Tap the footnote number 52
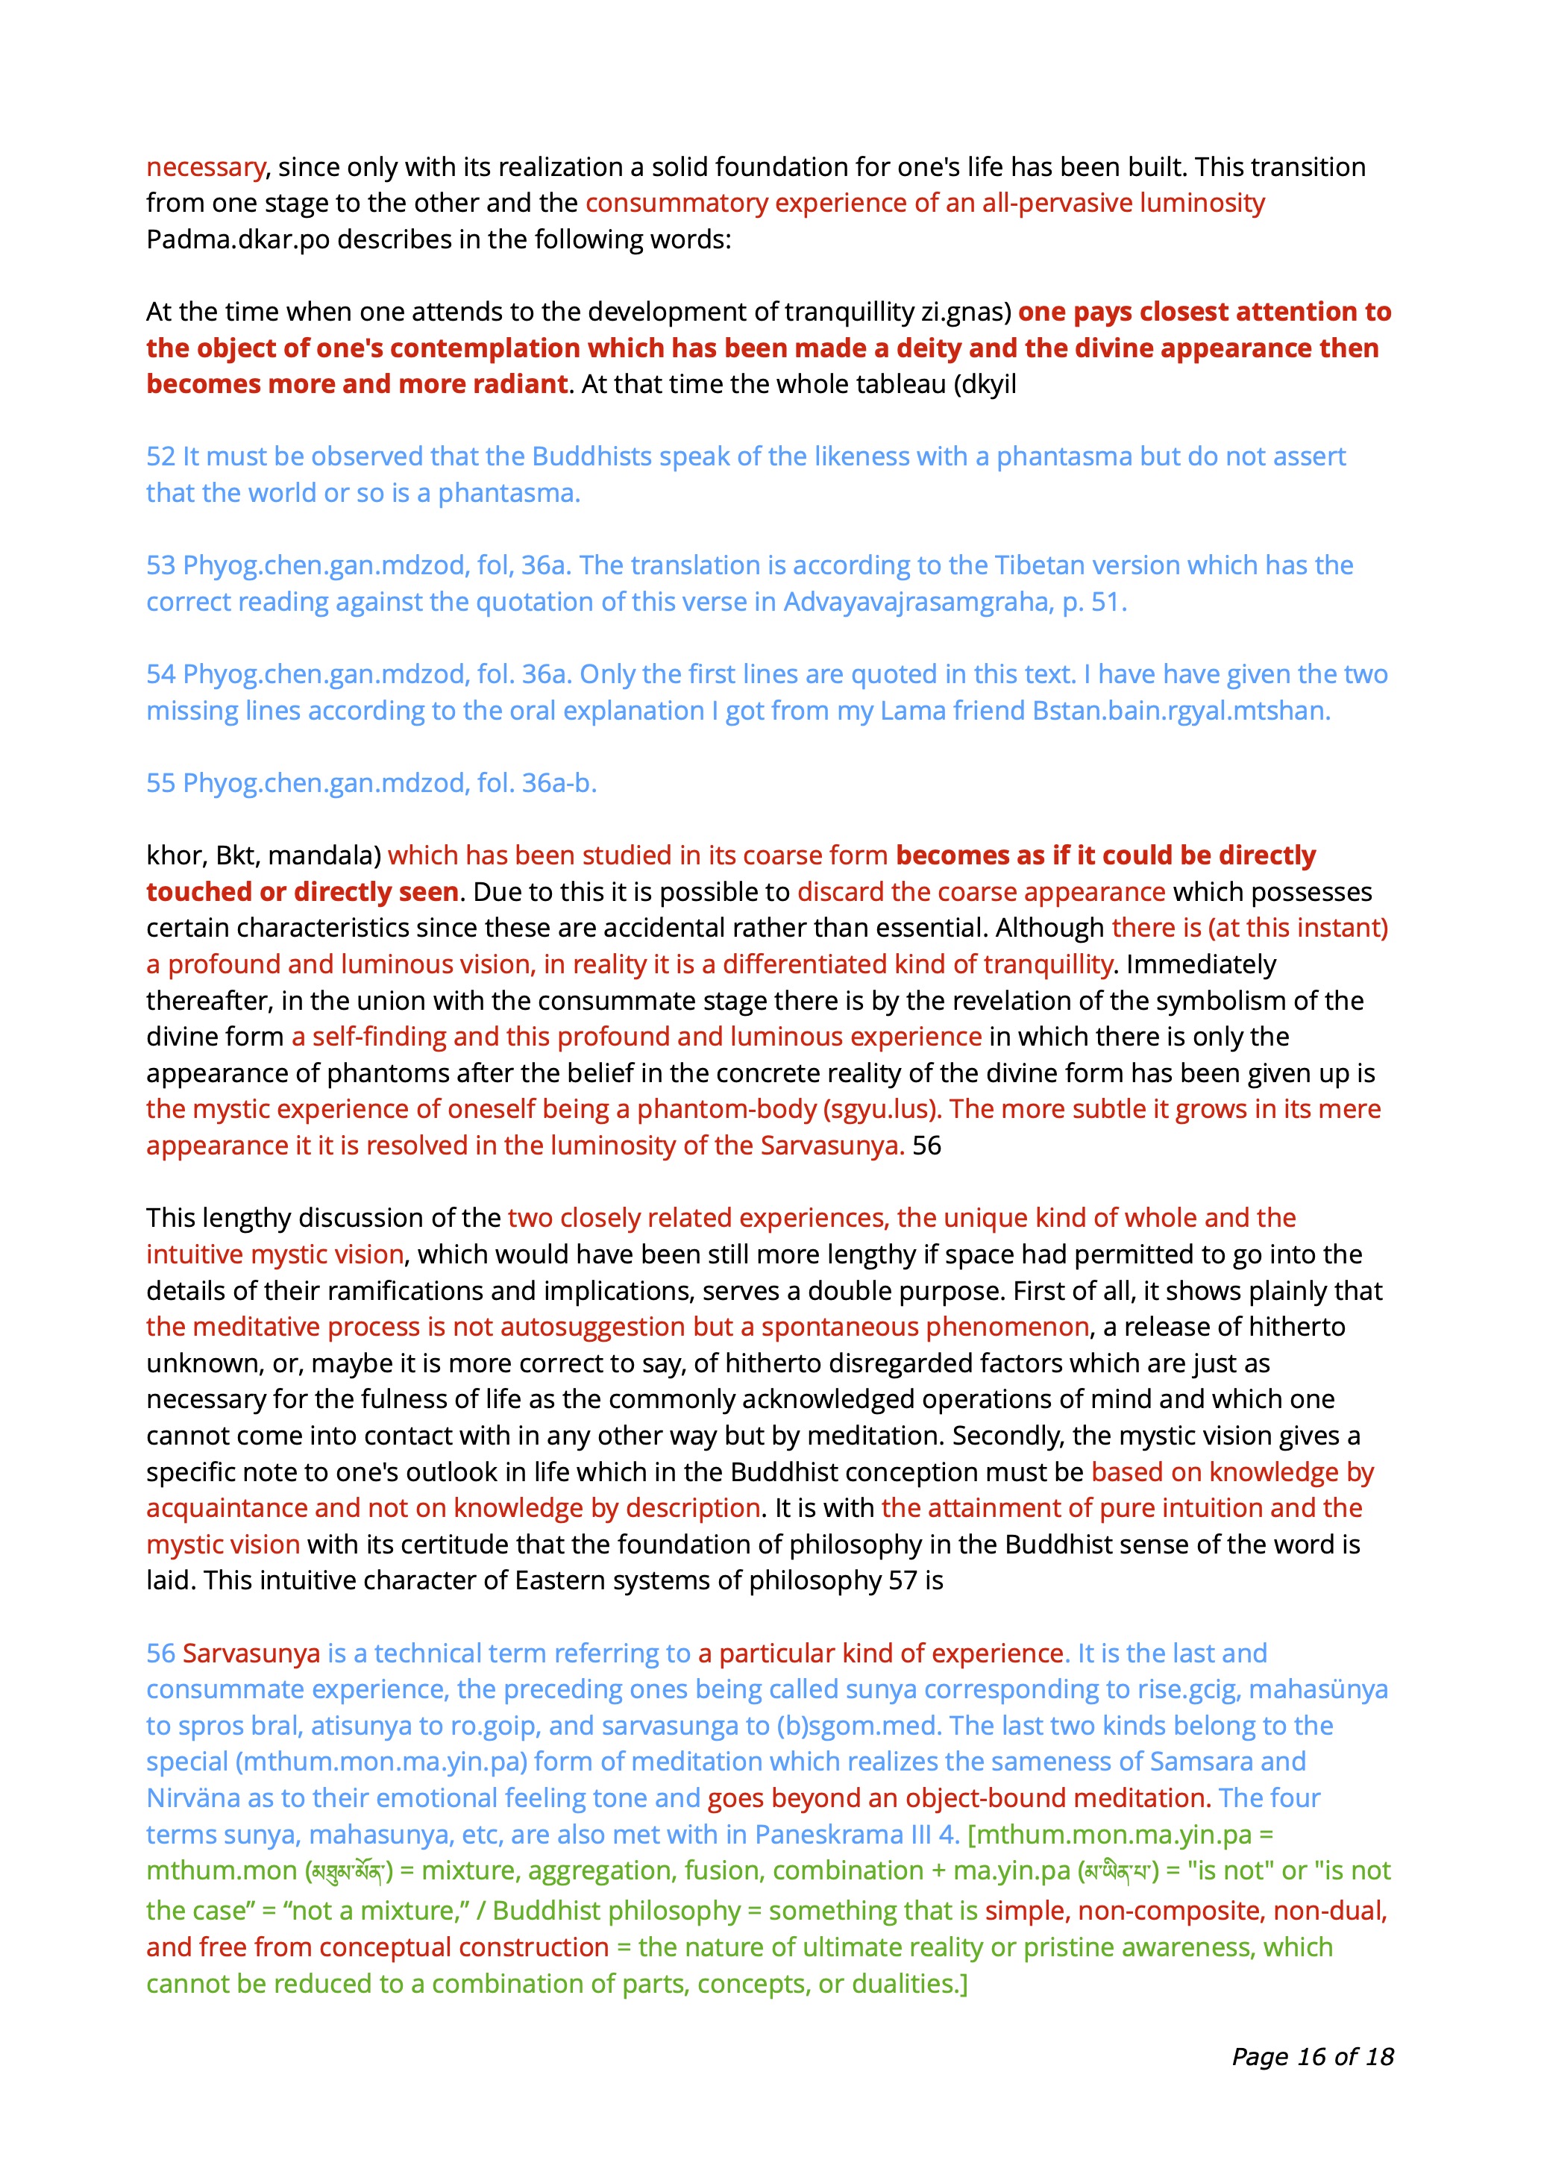(160, 456)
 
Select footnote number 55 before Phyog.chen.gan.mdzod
(160, 783)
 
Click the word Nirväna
(192, 1798)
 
